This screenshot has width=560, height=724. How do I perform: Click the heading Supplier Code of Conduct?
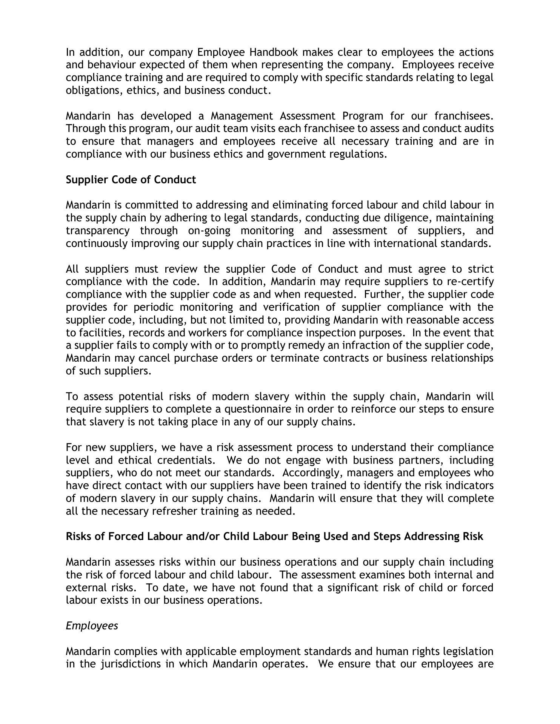(x=131, y=179)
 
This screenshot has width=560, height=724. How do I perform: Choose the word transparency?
(x=97, y=231)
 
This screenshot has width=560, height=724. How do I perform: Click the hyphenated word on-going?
(x=209, y=231)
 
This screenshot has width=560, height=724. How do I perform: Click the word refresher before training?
(x=175, y=511)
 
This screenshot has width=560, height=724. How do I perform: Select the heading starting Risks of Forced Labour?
(x=274, y=537)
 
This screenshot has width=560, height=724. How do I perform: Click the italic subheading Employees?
(x=92, y=626)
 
